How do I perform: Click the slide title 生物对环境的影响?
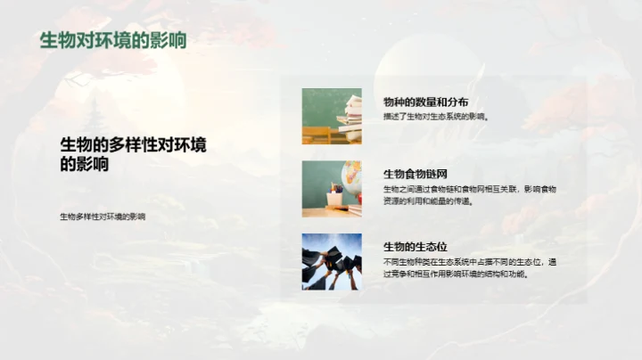[x=112, y=40]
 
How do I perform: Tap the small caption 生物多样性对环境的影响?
[x=102, y=217]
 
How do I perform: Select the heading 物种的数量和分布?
[x=425, y=102]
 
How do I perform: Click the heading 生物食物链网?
[x=415, y=174]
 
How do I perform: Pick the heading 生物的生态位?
[x=415, y=247]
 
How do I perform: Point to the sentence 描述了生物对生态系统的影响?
[x=436, y=117]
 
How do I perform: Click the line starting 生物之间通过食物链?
[x=469, y=189]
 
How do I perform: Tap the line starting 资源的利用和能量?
[x=428, y=201]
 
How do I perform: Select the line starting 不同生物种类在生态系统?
[x=469, y=262]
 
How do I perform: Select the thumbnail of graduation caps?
[x=332, y=261]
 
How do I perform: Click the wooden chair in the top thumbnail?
[x=316, y=135]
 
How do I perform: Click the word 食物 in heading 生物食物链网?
[x=415, y=174]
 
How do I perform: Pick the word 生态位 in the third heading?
[x=428, y=247]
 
